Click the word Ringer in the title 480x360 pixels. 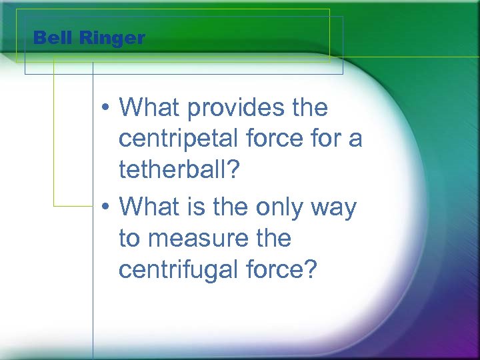[111, 39]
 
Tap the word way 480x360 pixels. [337, 209]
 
